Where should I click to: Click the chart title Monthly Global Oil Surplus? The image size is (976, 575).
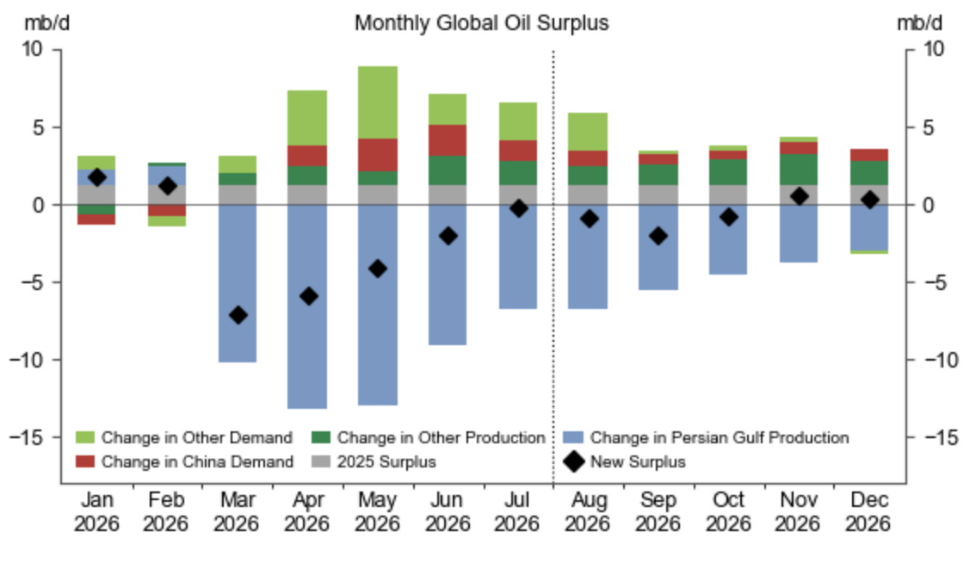tap(481, 23)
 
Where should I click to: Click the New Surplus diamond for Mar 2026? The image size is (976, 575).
tap(238, 315)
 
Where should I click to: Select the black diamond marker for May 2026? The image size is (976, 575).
tap(377, 269)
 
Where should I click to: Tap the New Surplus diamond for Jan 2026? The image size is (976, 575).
tap(96, 177)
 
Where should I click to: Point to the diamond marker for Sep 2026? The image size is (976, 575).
tap(658, 236)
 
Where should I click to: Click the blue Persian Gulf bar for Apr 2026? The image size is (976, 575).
tap(307, 306)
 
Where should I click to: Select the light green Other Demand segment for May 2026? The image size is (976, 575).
tap(377, 102)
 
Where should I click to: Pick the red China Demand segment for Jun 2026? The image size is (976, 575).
tap(448, 140)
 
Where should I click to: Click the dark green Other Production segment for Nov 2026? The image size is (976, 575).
tap(799, 170)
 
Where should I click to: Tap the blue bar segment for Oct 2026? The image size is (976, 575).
tap(728, 239)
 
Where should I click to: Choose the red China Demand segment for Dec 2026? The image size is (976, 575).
tap(869, 155)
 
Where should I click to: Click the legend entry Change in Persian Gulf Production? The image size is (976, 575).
tap(706, 437)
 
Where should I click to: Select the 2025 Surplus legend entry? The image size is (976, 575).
tap(374, 461)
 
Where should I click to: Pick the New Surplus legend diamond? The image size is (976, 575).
tap(573, 461)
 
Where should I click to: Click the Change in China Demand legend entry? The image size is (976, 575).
tap(184, 461)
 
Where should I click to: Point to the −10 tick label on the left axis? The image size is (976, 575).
tap(28, 360)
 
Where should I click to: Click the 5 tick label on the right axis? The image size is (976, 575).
tap(928, 127)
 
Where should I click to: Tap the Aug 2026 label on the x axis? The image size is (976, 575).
tap(588, 511)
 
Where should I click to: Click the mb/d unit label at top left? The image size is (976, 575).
tap(47, 23)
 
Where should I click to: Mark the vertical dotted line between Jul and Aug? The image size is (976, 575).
tap(553, 266)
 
